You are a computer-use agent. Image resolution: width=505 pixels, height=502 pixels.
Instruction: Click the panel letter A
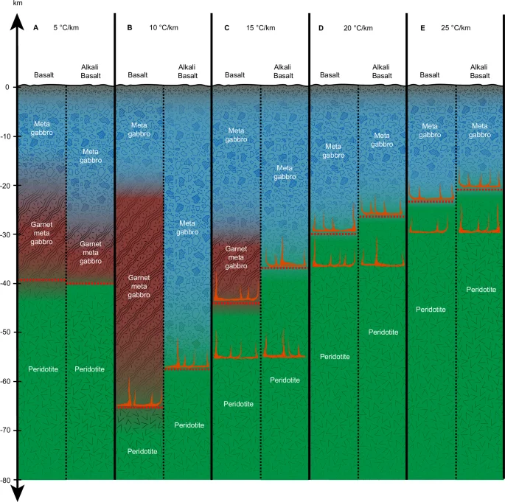coord(36,28)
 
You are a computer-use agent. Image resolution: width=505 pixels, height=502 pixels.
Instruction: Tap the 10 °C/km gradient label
coord(164,28)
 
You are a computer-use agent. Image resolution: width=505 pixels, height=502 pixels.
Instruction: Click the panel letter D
coord(321,28)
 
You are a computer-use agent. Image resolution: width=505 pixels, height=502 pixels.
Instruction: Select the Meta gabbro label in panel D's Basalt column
coord(334,150)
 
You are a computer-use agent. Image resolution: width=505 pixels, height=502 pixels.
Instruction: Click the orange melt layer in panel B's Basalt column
coord(139,403)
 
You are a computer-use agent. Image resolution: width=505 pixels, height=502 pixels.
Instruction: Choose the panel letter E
coord(422,28)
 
